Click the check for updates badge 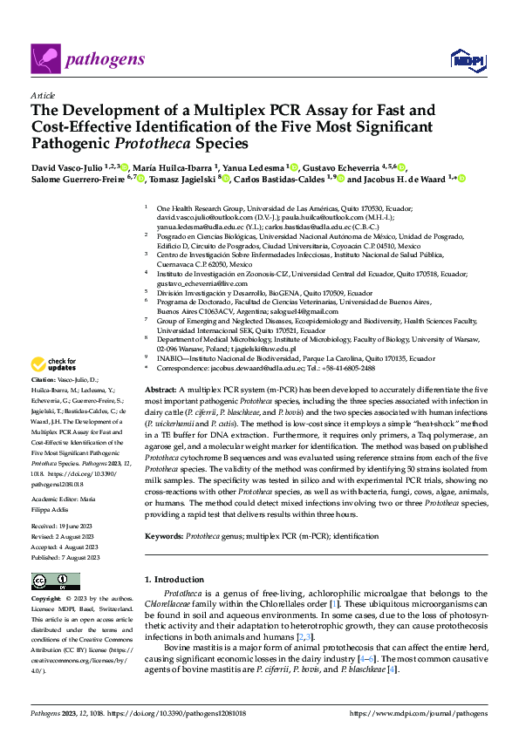tap(56, 364)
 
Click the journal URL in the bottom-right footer tap(418, 714)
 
